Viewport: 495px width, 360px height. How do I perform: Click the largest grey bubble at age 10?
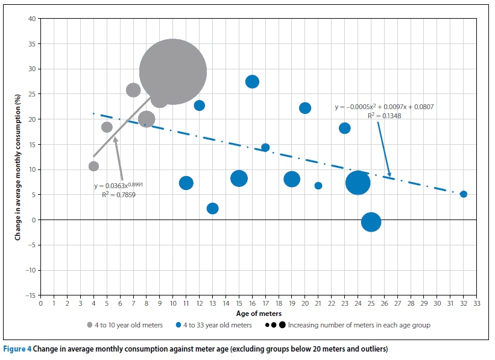click(173, 72)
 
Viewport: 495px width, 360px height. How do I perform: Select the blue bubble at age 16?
click(252, 81)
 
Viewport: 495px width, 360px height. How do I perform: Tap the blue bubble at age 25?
click(371, 222)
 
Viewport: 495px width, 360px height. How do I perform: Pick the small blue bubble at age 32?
click(463, 194)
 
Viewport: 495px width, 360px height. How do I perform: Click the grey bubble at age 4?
click(93, 166)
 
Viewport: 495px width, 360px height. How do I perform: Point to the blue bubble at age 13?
click(212, 209)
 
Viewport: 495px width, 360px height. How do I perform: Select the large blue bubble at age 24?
click(358, 182)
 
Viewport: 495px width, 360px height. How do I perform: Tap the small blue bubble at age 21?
click(318, 186)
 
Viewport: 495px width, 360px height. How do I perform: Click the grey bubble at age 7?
click(133, 90)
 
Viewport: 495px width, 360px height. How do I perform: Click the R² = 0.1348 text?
click(384, 116)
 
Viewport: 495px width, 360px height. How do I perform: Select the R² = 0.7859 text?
click(119, 195)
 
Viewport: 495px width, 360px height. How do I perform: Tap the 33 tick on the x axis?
click(476, 304)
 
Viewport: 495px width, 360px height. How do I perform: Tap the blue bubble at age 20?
click(305, 108)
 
